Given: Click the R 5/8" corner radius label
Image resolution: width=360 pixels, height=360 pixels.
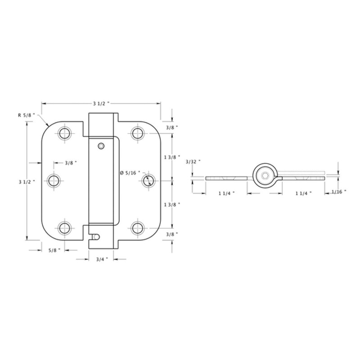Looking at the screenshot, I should coord(26,115).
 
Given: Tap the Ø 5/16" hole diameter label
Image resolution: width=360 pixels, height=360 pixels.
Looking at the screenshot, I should coord(130,173).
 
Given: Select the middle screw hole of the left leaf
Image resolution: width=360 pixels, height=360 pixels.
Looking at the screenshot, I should coord(55,181).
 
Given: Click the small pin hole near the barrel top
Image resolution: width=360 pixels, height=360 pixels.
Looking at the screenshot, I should coord(101,146).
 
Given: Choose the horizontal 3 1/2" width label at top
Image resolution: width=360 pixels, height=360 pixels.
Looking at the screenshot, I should coord(101,103).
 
